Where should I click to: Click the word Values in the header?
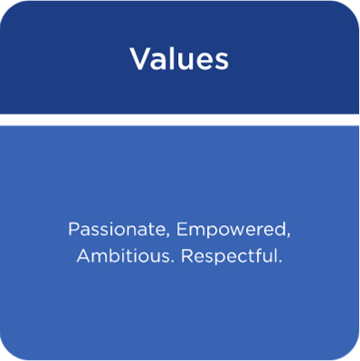point(179,60)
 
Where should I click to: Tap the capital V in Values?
point(139,60)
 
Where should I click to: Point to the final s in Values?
point(223,62)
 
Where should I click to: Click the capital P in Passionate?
point(72,228)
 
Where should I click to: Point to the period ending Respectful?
point(280,261)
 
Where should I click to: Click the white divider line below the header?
point(179,119)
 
